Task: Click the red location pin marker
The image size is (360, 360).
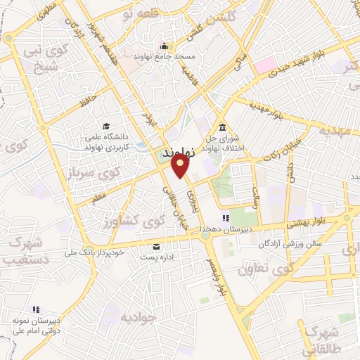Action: tap(180, 166)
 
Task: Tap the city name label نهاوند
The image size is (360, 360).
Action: tap(176, 153)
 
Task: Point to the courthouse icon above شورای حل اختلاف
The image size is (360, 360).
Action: tap(222, 127)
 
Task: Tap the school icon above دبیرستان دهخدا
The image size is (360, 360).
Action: tap(226, 219)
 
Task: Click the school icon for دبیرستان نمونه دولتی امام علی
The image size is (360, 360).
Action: tap(35, 309)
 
